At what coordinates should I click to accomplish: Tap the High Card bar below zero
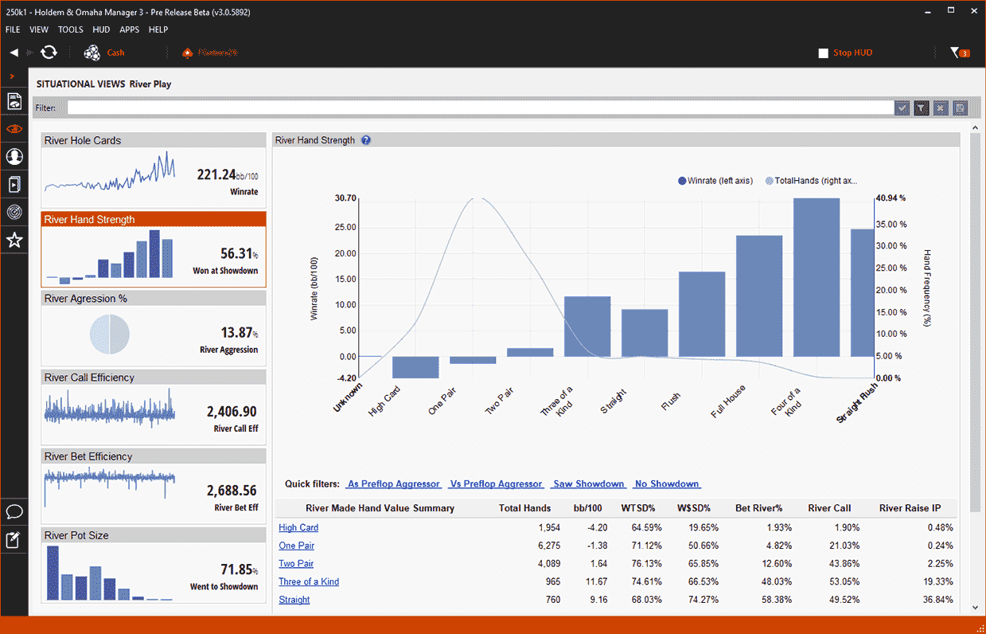click(415, 367)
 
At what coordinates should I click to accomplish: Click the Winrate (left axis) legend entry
click(715, 181)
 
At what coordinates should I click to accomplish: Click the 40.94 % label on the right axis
click(891, 198)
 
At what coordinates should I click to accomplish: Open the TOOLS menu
click(70, 29)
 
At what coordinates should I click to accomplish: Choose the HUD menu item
click(101, 29)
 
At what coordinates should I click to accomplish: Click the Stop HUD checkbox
click(824, 53)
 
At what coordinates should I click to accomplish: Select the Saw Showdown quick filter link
click(589, 484)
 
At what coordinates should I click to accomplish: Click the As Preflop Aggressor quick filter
click(393, 484)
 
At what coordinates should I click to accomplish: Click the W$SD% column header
click(694, 508)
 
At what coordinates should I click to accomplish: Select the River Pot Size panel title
click(78, 535)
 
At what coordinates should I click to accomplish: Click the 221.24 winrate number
click(216, 174)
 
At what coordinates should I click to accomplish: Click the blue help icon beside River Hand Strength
click(366, 140)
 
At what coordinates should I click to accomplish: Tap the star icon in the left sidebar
click(14, 240)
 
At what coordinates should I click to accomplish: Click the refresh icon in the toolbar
click(49, 53)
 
